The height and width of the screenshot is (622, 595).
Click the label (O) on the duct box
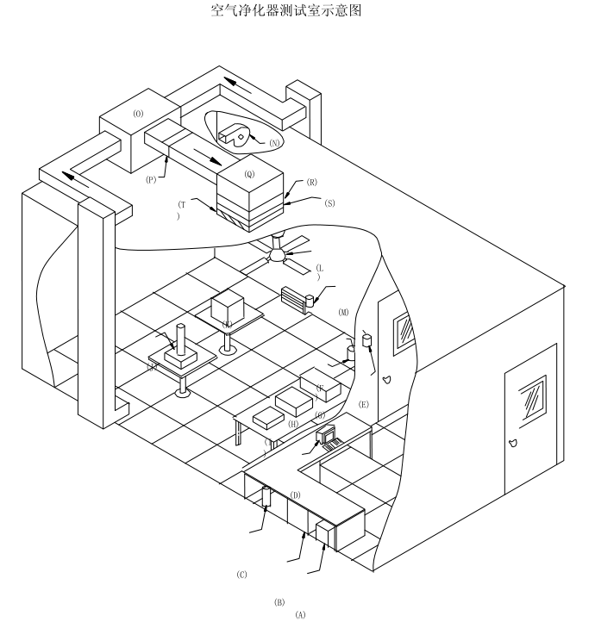139,113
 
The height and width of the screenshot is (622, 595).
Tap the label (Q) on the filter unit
250,173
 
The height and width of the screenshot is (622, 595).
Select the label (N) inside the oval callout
275,141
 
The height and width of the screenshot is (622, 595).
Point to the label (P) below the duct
152,180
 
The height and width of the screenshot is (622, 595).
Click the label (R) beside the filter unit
311,183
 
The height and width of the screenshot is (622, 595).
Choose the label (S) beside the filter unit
329,202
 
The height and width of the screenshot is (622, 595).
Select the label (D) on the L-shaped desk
295,494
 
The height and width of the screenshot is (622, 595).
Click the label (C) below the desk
242,575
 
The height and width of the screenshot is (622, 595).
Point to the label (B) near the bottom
279,602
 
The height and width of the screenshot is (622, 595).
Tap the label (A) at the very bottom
300,615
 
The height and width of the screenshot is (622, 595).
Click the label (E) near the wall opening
364,404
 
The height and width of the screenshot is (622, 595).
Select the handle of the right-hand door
514,444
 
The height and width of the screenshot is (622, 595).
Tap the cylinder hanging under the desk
266,496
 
